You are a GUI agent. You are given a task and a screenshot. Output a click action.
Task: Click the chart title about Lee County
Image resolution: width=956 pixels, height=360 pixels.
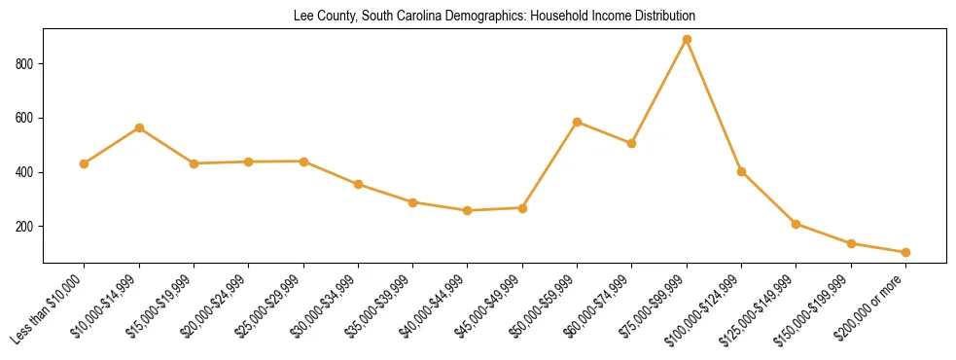[494, 17]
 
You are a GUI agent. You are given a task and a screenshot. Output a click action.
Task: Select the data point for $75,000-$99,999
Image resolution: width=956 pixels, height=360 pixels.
[687, 40]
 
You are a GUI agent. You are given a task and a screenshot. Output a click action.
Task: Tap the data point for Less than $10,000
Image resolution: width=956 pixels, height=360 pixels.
[85, 163]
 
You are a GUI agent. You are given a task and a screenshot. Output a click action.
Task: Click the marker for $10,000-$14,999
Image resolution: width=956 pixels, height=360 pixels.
[139, 127]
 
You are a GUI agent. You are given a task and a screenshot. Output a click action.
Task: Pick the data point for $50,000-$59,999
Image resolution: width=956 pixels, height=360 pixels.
[578, 122]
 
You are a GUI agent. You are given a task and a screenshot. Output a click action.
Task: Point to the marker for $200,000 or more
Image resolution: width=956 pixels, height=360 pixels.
[905, 252]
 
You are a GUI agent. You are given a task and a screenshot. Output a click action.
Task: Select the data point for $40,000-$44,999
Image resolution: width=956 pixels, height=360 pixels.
[468, 210]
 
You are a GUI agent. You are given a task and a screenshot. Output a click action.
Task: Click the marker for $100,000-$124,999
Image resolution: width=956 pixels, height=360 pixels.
[741, 171]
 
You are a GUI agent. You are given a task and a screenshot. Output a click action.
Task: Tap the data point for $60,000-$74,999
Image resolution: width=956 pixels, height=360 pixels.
[632, 143]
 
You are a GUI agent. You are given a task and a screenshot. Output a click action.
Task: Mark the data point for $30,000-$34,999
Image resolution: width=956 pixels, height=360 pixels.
[358, 184]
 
